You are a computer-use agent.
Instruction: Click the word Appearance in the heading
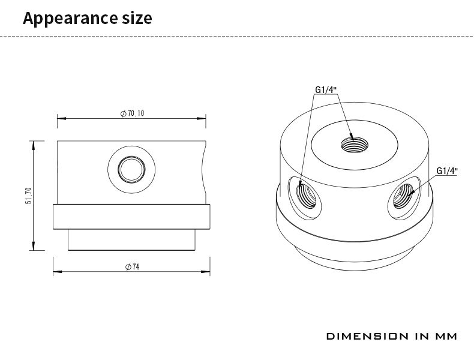[70, 18]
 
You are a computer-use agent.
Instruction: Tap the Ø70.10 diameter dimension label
[132, 113]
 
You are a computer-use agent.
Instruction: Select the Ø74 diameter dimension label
[132, 267]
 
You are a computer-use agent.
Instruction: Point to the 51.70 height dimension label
[28, 196]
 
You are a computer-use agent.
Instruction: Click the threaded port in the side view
[131, 169]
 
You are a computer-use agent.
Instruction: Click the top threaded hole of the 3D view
[354, 145]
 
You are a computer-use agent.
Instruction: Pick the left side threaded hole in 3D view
[306, 196]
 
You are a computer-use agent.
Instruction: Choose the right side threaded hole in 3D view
[403, 196]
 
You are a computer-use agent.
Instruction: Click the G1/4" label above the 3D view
[326, 90]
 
